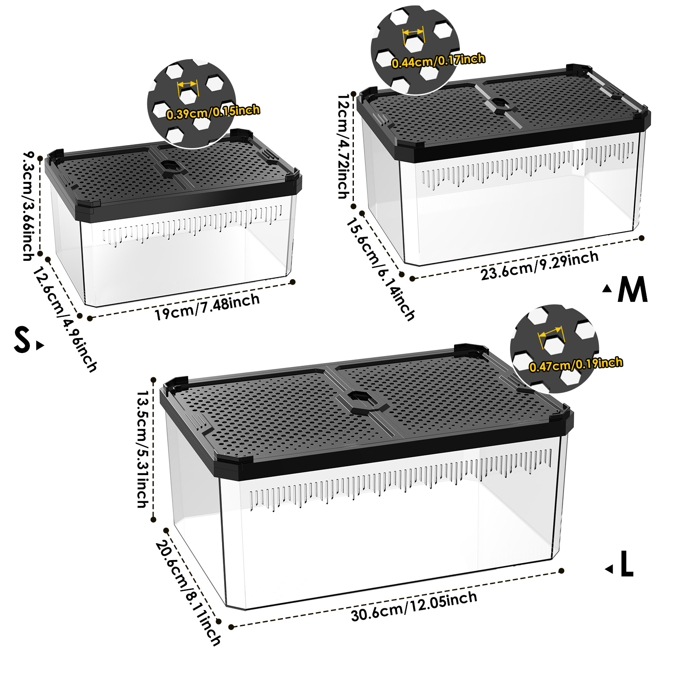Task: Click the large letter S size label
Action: (22, 339)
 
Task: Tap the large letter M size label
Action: (633, 289)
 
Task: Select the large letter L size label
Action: (627, 563)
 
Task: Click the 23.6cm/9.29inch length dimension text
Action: (540, 266)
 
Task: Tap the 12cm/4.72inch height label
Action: (344, 147)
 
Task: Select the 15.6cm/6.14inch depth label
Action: (380, 269)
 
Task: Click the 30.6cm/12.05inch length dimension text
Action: (414, 607)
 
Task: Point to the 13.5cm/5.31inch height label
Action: (143, 449)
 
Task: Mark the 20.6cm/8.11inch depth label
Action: (188, 593)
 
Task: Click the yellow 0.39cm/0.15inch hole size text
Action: (213, 112)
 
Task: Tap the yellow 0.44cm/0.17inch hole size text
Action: (438, 61)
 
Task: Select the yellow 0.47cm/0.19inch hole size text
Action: (576, 365)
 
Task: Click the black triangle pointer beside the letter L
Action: (609, 569)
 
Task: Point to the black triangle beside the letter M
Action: (607, 289)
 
